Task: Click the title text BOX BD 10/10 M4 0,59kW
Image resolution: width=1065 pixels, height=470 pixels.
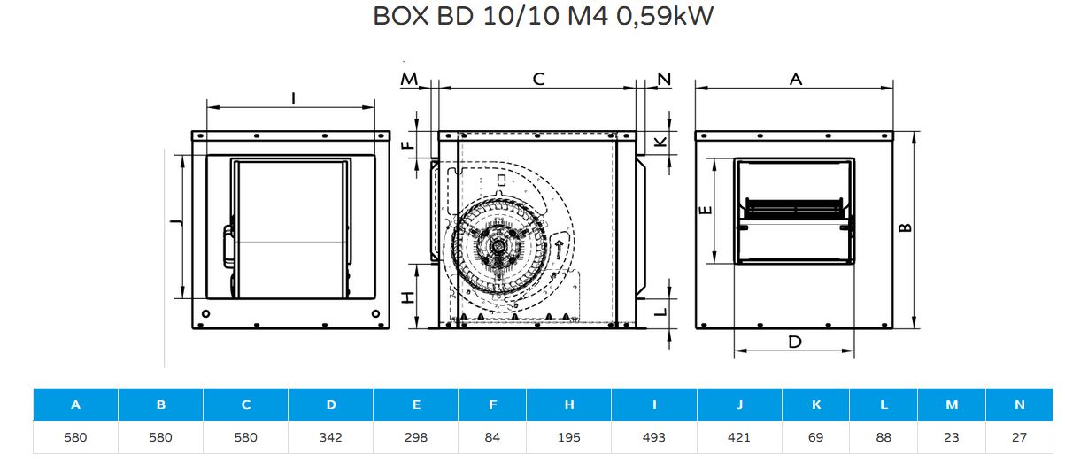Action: [x=543, y=16]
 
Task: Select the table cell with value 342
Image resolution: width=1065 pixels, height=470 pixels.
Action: [x=330, y=437]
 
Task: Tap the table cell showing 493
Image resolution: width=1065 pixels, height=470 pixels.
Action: [x=653, y=437]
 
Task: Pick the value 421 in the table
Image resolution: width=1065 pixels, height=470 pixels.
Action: [x=739, y=437]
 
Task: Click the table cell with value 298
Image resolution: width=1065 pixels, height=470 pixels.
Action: [x=415, y=437]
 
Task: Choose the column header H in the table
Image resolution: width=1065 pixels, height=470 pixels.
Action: [x=568, y=405]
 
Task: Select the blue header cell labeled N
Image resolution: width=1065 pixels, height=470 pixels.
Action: [x=1019, y=405]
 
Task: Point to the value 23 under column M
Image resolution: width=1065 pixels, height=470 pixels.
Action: [x=951, y=437]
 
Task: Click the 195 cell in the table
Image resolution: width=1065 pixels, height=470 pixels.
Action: [x=568, y=437]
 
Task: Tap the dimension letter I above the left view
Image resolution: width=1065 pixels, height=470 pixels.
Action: [x=293, y=98]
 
